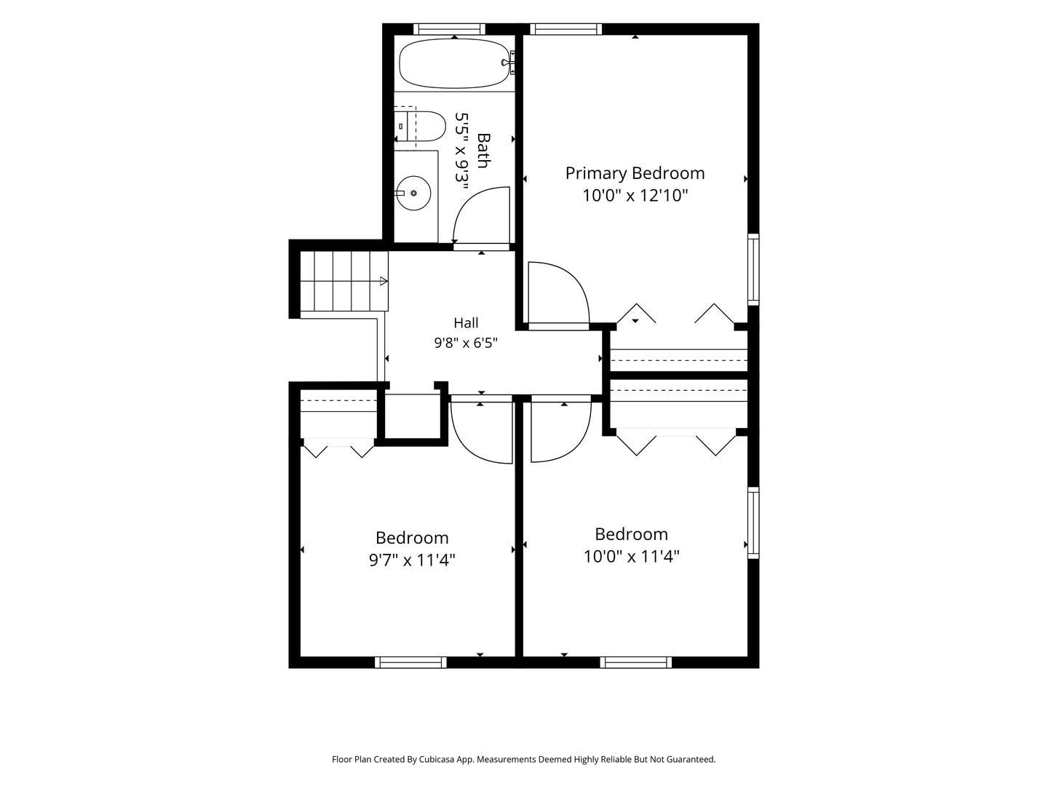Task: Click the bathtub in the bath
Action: (x=454, y=63)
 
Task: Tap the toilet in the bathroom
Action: (x=420, y=127)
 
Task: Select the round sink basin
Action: (x=414, y=193)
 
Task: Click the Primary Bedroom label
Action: (x=635, y=172)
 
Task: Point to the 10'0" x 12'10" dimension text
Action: (x=635, y=195)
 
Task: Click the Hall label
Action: (x=466, y=323)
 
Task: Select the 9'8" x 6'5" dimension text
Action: (x=466, y=343)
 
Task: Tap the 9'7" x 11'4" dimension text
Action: (x=412, y=560)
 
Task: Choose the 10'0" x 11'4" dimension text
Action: (x=631, y=556)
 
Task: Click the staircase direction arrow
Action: (x=384, y=281)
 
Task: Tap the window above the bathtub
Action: (x=449, y=29)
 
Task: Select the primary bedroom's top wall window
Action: (x=565, y=29)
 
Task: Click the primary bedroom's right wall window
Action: (x=753, y=269)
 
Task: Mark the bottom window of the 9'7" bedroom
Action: (x=410, y=662)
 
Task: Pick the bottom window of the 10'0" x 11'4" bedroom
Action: (x=636, y=662)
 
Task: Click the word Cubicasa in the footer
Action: (x=437, y=759)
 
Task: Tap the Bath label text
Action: (x=484, y=151)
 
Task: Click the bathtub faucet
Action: (x=509, y=62)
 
